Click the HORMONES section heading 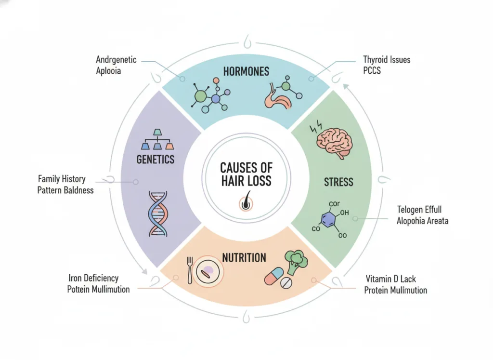(246, 71)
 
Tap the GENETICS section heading (156, 159)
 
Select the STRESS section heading (338, 182)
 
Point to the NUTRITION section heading (244, 258)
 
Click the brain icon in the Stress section (335, 144)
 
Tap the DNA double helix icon (158, 213)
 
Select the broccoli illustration (296, 262)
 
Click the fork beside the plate (190, 271)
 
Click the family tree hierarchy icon (157, 139)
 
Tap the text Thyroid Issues (387, 59)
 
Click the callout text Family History (62, 179)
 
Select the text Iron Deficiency (93, 278)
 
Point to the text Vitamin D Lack (390, 279)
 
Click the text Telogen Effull (419, 210)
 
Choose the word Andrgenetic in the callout (116, 60)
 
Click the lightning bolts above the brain (316, 127)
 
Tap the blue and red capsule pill (274, 276)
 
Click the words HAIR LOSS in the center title (246, 181)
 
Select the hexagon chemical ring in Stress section (329, 219)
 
